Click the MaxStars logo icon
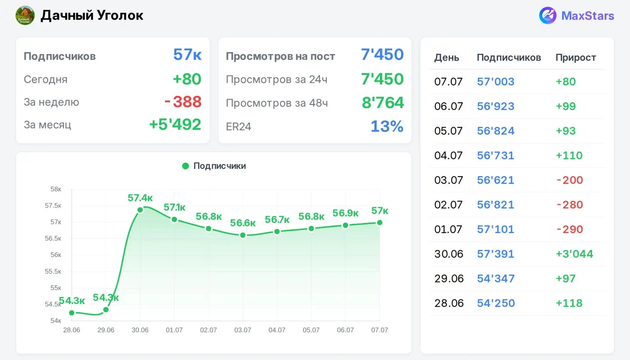[x=548, y=15]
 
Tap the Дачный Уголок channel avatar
[x=25, y=15]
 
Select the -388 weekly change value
[x=183, y=102]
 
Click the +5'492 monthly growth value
[x=175, y=125]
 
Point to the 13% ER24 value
[x=387, y=126]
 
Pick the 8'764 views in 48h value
[x=383, y=103]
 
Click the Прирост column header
[x=576, y=57]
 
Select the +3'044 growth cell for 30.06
[x=575, y=254]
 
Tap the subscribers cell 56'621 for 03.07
[x=495, y=180]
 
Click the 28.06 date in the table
[x=449, y=303]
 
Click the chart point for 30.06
[x=140, y=210]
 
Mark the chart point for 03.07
[x=243, y=235]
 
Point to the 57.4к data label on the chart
[x=140, y=198]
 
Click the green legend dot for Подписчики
[x=185, y=166]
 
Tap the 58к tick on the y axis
[x=56, y=189]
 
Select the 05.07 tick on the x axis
[x=311, y=330]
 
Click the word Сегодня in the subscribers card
[x=46, y=79]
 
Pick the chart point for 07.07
[x=380, y=223]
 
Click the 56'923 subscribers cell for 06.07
[x=495, y=106]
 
